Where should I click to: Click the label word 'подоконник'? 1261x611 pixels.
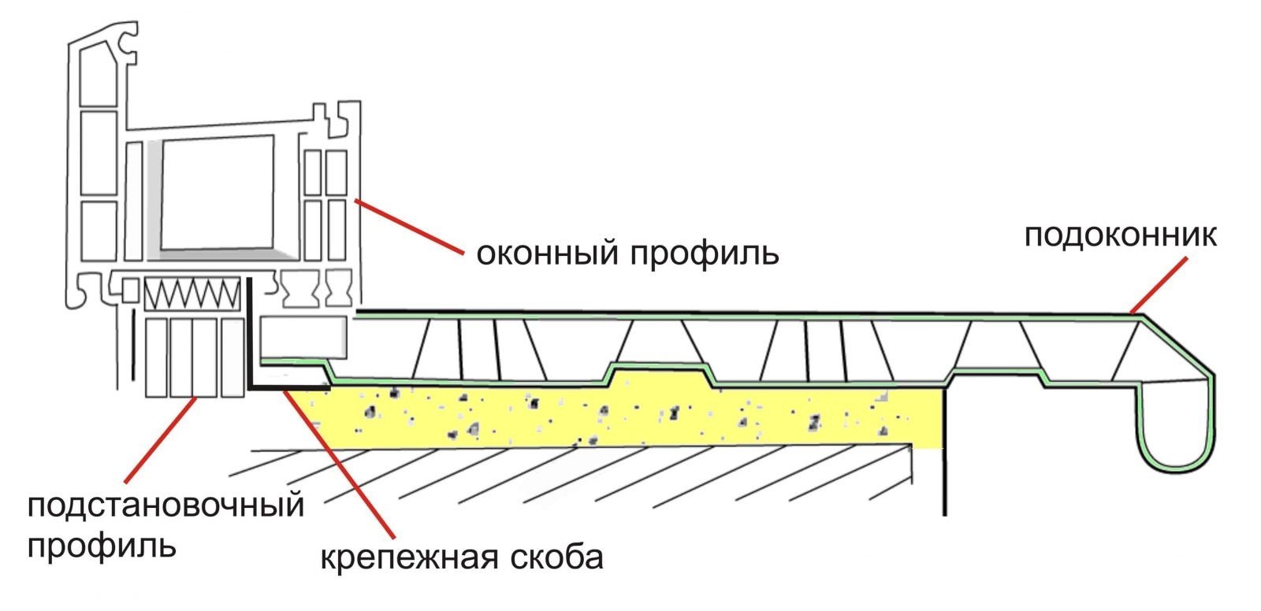click(1120, 236)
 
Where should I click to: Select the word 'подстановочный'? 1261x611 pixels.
click(166, 505)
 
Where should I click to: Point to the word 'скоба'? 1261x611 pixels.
click(557, 557)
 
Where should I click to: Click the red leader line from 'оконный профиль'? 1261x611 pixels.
click(409, 227)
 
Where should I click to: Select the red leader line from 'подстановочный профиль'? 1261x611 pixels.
click(161, 439)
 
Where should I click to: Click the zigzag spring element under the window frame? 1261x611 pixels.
click(192, 293)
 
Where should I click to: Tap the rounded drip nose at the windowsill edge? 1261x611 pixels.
click(1177, 428)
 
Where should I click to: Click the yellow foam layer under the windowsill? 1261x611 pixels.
click(619, 417)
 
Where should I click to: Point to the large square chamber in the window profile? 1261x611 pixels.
click(218, 192)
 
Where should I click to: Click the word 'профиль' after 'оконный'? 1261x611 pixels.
click(705, 254)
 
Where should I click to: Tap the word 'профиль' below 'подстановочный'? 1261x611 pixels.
click(102, 546)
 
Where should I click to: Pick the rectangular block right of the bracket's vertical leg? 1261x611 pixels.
click(303, 336)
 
